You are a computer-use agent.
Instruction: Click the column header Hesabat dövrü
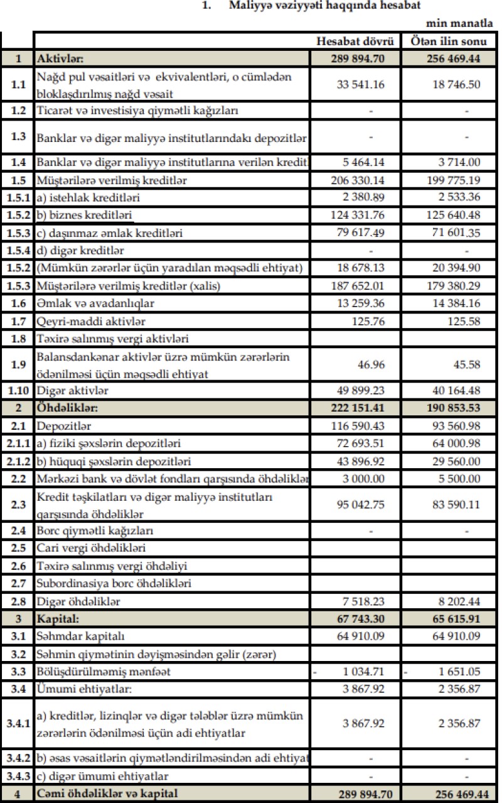click(356, 43)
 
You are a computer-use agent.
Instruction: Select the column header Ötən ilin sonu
click(449, 43)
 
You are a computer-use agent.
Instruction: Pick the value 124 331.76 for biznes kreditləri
click(356, 216)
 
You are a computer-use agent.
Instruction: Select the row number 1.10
click(18, 390)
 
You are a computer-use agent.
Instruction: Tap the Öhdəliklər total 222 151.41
click(356, 408)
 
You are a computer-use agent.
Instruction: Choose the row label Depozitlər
click(63, 426)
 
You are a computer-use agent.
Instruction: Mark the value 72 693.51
click(358, 444)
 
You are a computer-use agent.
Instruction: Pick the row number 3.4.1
click(18, 723)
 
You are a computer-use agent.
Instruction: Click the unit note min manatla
click(463, 24)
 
